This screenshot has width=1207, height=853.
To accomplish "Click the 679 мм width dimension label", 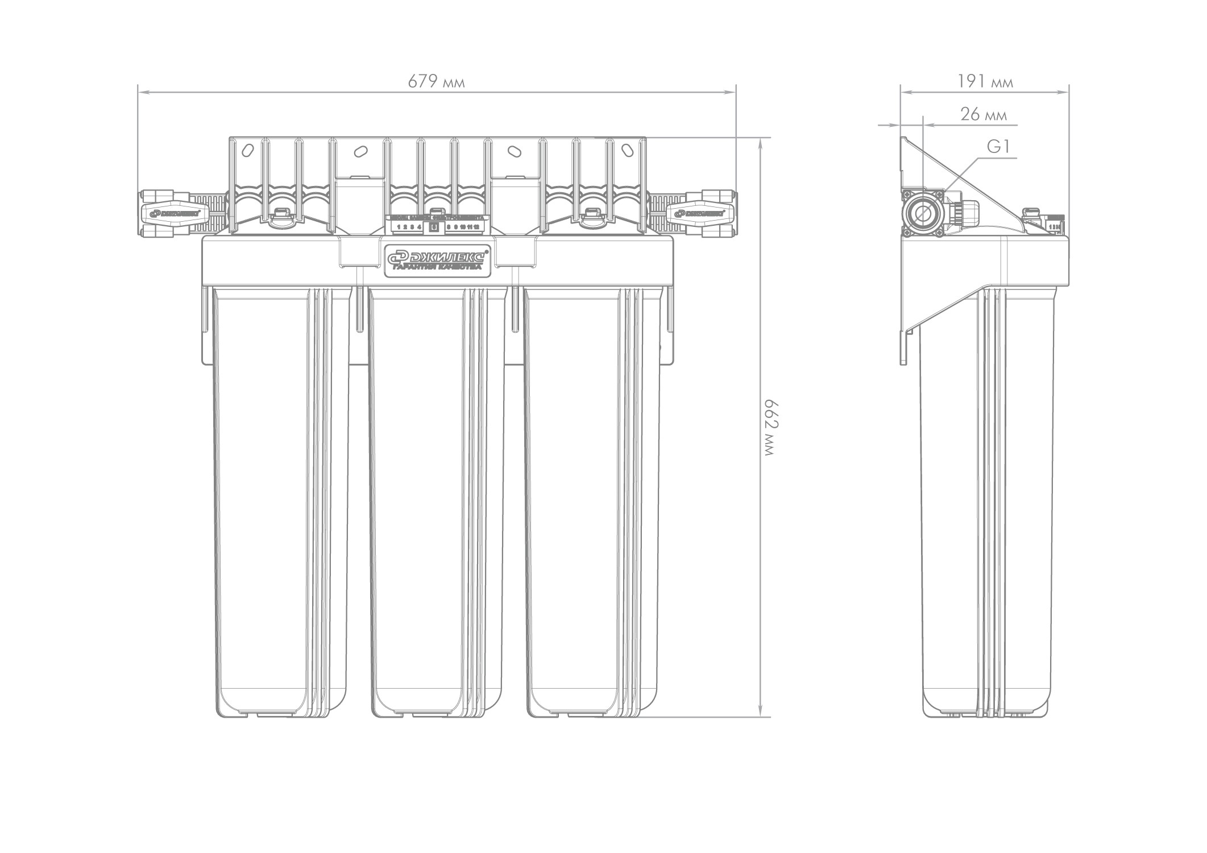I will (436, 82).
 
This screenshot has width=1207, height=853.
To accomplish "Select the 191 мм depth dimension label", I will (985, 82).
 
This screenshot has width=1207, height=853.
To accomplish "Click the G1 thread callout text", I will (998, 148).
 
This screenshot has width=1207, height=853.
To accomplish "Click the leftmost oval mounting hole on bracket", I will (247, 151).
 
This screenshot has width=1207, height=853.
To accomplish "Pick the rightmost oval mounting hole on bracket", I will (628, 151).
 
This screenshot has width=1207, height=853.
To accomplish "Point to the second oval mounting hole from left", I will (360, 152).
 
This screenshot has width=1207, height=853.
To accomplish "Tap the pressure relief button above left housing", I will (279, 215).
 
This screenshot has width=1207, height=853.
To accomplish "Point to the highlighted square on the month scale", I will (433, 227).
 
